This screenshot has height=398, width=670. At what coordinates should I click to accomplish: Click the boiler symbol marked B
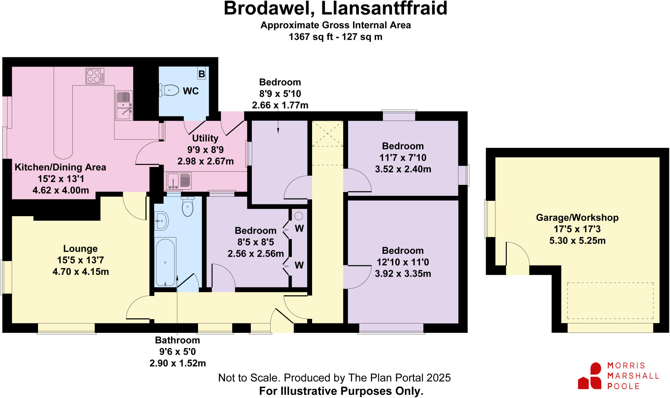click(202, 74)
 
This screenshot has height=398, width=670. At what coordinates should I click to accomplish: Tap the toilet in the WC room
click(169, 90)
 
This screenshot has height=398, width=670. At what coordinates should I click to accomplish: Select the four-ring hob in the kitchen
click(95, 76)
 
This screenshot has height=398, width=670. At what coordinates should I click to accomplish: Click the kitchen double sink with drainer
click(124, 106)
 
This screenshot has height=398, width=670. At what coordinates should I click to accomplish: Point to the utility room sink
click(179, 181)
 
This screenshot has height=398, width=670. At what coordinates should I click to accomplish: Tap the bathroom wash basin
click(161, 221)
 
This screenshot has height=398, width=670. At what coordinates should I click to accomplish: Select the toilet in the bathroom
click(187, 207)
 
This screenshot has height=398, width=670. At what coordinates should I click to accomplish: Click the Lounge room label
click(80, 249)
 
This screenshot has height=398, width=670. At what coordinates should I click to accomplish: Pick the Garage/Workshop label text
click(577, 217)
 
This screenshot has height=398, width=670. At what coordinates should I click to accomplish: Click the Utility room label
click(205, 138)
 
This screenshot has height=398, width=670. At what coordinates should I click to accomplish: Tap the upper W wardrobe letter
click(299, 229)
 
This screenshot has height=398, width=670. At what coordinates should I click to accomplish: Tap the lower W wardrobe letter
click(299, 265)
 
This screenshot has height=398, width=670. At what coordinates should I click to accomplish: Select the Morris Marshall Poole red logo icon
click(590, 376)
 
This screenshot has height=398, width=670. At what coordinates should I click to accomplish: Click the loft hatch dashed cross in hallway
click(327, 134)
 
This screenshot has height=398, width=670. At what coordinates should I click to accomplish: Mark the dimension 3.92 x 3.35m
click(403, 273)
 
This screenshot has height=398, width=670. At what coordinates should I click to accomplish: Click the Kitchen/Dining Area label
click(61, 167)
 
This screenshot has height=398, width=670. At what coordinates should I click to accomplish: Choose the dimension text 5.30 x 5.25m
click(577, 241)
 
